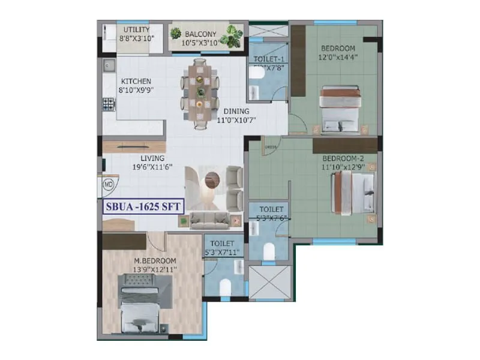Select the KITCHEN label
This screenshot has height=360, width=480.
136,81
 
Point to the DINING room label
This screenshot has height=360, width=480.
236,111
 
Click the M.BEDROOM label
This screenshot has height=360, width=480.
155,260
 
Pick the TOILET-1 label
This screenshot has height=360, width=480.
268,59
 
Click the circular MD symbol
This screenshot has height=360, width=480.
109,185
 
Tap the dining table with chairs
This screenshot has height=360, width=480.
200,92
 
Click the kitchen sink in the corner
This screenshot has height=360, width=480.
108,65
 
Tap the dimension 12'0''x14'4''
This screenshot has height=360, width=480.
337,58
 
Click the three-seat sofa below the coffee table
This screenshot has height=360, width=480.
211,220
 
